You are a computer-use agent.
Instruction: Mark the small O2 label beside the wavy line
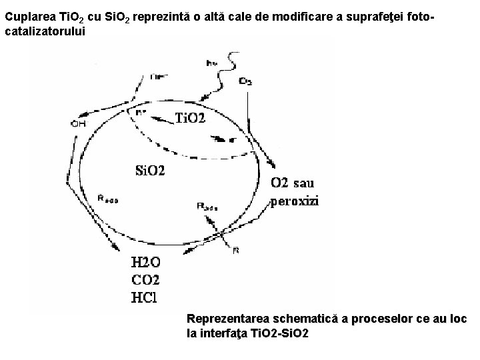tap(245, 81)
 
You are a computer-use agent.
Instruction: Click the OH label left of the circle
tap(78, 123)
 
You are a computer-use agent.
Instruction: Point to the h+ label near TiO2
tap(141, 112)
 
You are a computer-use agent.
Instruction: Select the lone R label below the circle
tap(236, 251)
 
